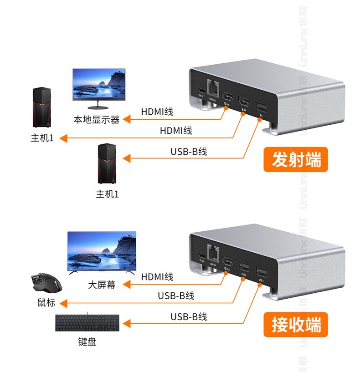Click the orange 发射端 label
tap(296, 160)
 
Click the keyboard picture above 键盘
tap(87, 324)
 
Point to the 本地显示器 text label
tap(97, 120)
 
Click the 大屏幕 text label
tap(102, 285)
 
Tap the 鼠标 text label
tap(46, 303)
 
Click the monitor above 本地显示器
tap(98, 86)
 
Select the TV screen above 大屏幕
tap(102, 251)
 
